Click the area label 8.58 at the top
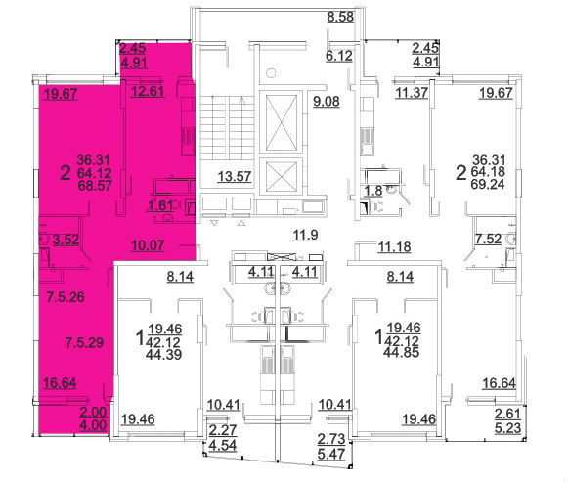pos(340,17)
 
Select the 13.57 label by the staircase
pos(235,176)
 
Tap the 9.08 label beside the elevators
pos(327,101)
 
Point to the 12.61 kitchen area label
pos(148,91)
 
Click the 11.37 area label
pos(412,93)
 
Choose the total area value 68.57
pos(94,185)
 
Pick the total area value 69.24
pos(488,184)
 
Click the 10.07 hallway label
pos(148,245)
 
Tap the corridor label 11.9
pos(305,235)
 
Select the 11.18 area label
pos(395,246)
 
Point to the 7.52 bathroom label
pos(488,239)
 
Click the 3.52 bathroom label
pos(66,240)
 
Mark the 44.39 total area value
pos(163,354)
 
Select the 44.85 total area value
pos(403,352)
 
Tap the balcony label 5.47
pos(331,454)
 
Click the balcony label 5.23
pos(507,428)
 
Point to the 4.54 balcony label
pos(223,445)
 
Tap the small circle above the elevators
pos(271,73)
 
